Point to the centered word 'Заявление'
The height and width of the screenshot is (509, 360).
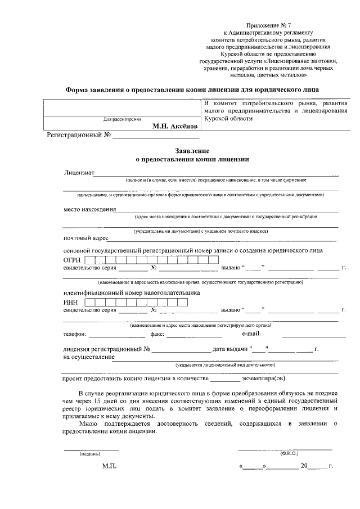(x=192, y=151)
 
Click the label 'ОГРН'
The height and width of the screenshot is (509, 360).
(x=73, y=260)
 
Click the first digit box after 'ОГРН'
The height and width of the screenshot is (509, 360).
(x=89, y=260)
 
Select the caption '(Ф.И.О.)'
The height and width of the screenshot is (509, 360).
(x=289, y=453)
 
